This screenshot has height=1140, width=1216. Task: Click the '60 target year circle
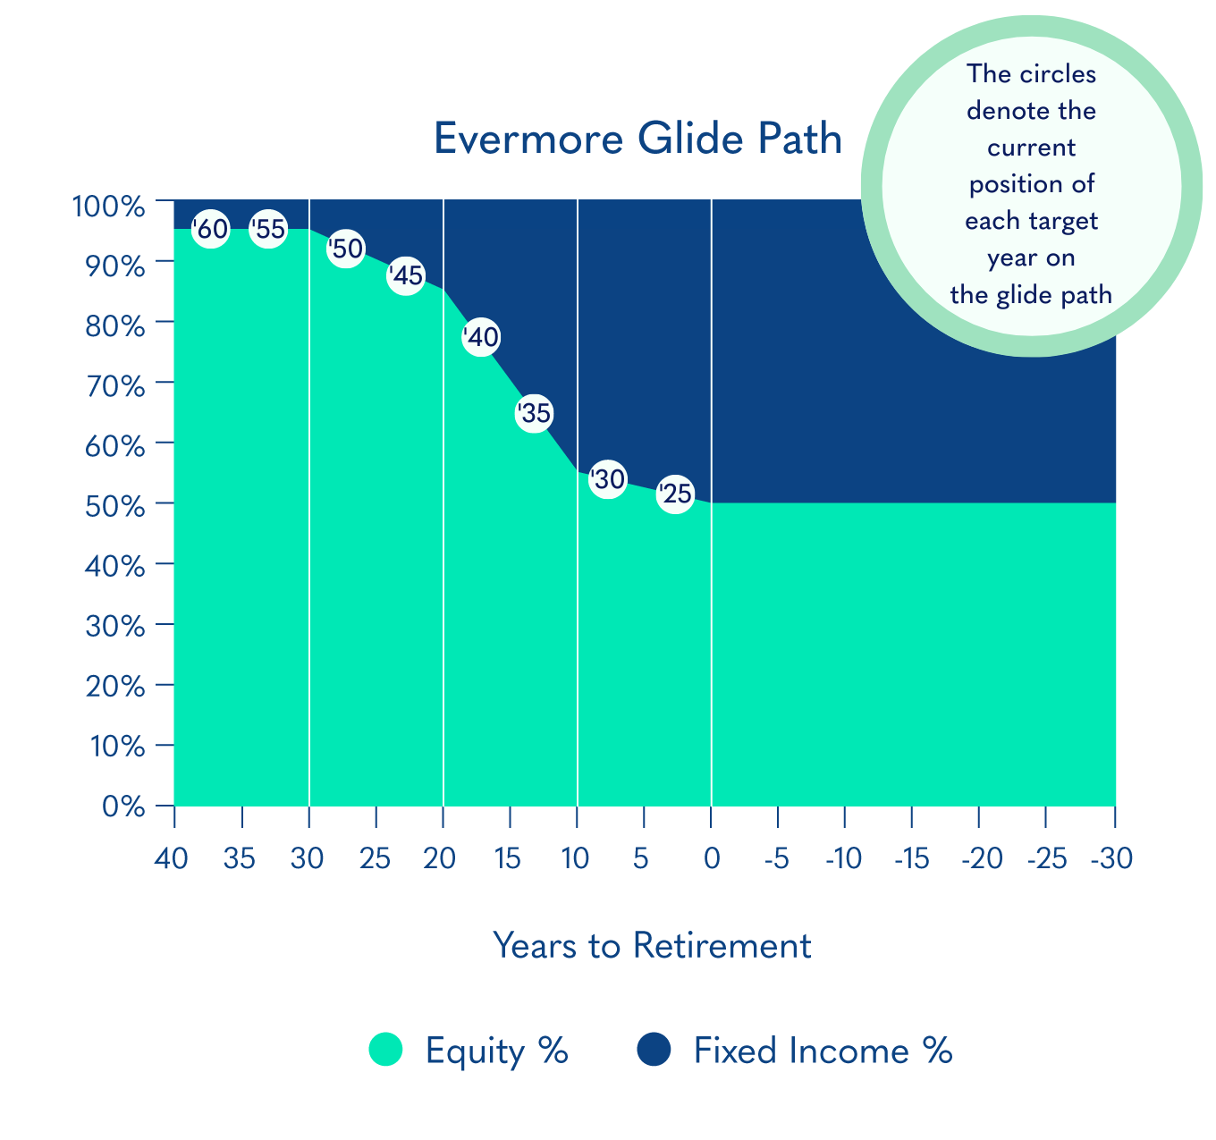click(x=211, y=229)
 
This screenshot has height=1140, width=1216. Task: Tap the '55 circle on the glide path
click(x=268, y=229)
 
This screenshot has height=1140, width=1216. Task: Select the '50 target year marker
click(x=346, y=249)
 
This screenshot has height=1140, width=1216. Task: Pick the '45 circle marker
click(x=406, y=275)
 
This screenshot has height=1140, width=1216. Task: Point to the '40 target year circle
click(x=481, y=337)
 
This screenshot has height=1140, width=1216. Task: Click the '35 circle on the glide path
click(x=535, y=413)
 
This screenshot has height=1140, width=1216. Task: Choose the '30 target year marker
click(x=608, y=479)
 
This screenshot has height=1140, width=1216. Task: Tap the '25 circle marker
click(x=675, y=494)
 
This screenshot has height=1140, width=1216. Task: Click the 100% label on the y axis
click(x=109, y=207)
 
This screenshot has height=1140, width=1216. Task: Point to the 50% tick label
click(x=115, y=507)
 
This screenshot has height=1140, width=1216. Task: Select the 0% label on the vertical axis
click(x=123, y=806)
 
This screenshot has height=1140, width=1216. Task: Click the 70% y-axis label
click(x=115, y=386)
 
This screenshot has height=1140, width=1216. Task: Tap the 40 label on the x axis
click(x=172, y=859)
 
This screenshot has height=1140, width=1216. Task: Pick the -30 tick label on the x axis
click(x=1111, y=859)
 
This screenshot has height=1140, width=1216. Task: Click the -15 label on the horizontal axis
click(x=912, y=859)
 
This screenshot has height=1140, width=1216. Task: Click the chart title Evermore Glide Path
click(x=638, y=139)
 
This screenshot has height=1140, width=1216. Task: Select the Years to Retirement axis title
click(x=652, y=946)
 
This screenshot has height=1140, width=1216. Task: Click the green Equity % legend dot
click(x=385, y=1050)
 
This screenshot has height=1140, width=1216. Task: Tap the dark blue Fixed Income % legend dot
click(x=654, y=1050)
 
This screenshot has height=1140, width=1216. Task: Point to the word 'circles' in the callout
click(x=1058, y=74)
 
